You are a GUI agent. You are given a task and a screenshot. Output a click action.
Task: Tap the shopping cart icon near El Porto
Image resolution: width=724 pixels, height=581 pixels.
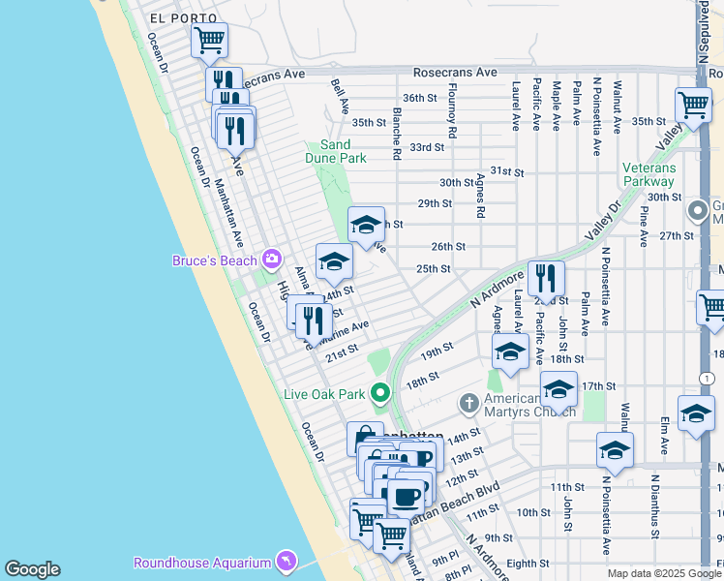pos(209,41)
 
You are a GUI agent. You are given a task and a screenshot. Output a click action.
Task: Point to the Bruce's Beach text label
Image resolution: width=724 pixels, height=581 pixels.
pos(215,260)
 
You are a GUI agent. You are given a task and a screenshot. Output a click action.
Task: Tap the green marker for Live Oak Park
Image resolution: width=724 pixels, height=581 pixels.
pos(379,393)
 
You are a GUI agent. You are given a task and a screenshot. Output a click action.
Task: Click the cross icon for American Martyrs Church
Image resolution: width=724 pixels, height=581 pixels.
pos(468,403)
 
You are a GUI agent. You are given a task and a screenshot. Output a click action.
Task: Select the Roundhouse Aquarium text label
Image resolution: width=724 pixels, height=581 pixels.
pos(202,563)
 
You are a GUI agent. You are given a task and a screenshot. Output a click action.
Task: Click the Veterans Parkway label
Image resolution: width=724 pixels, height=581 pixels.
pos(649,174)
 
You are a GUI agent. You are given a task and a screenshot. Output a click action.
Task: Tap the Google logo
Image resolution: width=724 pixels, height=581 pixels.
pos(32,569)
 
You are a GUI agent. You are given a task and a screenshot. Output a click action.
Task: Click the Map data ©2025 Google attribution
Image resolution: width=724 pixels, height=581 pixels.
pos(664,573)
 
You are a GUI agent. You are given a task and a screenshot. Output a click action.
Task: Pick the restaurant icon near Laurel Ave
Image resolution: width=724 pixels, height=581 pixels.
pos(546,279)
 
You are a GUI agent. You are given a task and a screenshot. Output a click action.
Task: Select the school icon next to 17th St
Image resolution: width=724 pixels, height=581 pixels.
pos(558,389)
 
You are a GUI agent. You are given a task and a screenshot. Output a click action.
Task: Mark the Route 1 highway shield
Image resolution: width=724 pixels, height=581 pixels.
pos(709,378)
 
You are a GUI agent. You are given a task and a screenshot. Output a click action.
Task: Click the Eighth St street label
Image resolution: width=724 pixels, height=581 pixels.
pos(528,563)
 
